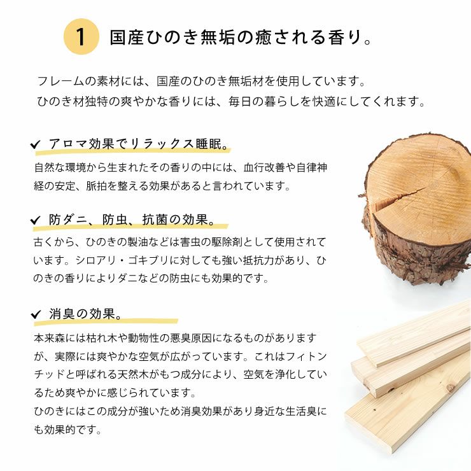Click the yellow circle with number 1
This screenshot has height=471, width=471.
(81, 37)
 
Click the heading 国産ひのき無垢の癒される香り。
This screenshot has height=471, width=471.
(241, 37)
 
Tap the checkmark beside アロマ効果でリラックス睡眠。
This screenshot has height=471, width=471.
(36, 146)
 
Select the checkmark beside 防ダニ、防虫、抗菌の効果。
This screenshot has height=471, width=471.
(36, 221)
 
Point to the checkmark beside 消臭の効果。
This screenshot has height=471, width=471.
(36, 315)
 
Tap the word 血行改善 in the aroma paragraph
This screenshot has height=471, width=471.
(267, 168)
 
